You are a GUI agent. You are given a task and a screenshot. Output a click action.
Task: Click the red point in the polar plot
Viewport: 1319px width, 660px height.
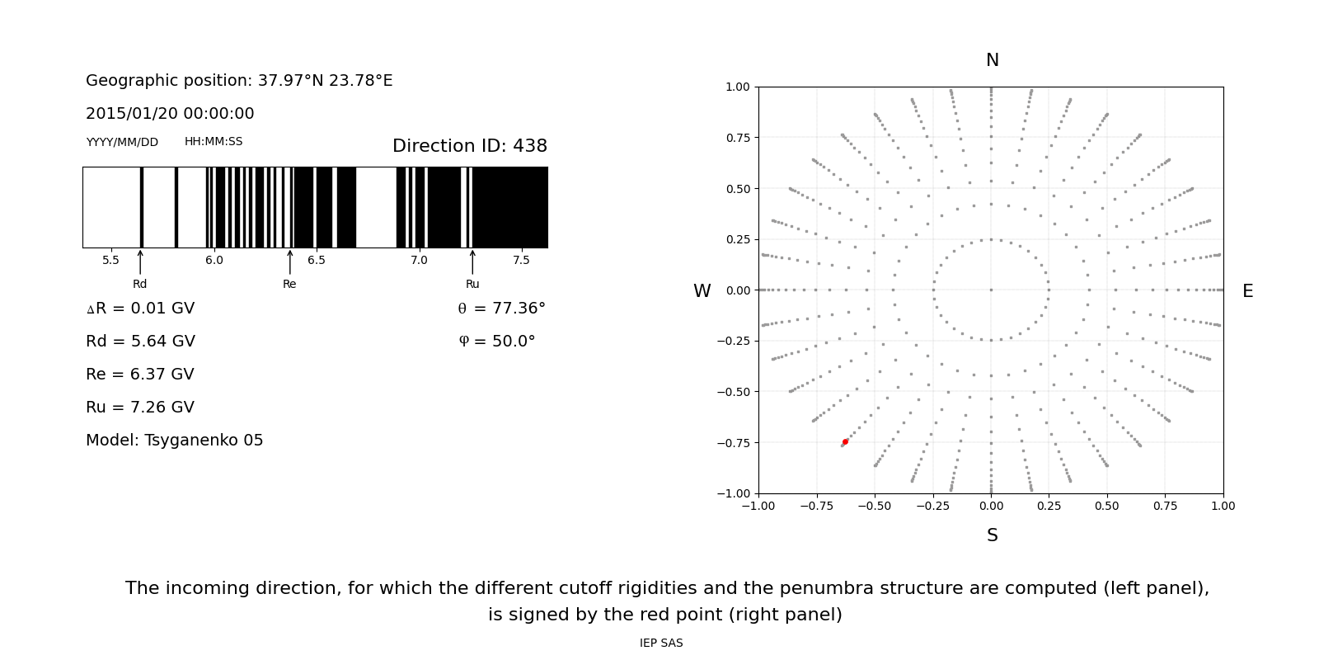click(x=845, y=442)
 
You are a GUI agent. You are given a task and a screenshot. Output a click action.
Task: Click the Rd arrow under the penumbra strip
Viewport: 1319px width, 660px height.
click(x=140, y=262)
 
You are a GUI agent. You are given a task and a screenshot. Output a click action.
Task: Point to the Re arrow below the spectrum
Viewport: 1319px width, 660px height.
click(x=289, y=262)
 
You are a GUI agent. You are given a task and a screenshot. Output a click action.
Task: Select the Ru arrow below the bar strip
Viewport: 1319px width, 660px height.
click(x=472, y=262)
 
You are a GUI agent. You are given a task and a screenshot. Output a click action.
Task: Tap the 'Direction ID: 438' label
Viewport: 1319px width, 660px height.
click(x=469, y=146)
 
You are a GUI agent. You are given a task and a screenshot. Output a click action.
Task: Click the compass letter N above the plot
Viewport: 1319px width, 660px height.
click(x=992, y=60)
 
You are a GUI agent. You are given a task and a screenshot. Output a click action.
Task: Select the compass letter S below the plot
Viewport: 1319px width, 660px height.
click(x=992, y=535)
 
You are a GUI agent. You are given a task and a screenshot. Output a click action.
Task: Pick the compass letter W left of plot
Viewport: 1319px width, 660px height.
click(x=702, y=291)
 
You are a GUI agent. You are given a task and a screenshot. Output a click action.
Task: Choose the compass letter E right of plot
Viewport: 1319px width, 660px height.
click(x=1247, y=291)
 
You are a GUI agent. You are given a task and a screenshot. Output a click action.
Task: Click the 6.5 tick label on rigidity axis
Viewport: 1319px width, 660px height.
click(x=317, y=261)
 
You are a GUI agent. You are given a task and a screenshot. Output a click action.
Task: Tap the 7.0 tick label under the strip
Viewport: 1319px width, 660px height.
click(x=419, y=261)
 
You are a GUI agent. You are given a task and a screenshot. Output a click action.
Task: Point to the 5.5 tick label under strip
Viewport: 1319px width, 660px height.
click(x=110, y=261)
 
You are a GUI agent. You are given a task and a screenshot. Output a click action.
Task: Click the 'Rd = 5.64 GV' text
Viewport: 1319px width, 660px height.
click(x=140, y=342)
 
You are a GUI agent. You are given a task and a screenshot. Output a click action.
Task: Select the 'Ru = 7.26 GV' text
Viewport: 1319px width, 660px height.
click(x=140, y=408)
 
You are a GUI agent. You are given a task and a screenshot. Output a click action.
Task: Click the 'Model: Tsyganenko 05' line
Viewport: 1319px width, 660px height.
click(x=174, y=441)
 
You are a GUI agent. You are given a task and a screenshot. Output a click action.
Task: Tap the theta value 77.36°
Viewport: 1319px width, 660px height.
click(x=501, y=309)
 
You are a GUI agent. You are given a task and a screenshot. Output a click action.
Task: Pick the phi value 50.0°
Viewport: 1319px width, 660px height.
click(x=497, y=342)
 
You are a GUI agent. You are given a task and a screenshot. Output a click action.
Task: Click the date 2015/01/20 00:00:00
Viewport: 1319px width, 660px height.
click(x=170, y=114)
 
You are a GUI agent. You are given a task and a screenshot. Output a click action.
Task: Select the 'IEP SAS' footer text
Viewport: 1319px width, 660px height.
click(x=661, y=643)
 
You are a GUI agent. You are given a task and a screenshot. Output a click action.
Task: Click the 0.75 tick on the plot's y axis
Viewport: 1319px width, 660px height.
click(x=737, y=138)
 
